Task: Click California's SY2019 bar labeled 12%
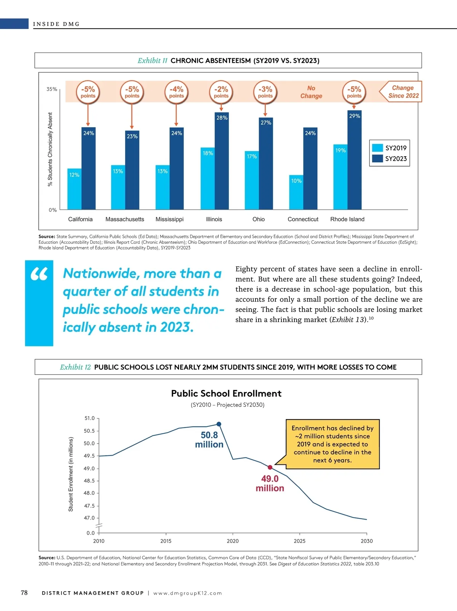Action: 74,189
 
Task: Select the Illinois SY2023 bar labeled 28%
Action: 222,161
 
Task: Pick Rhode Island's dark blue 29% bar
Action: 355,160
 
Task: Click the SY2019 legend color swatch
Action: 377,148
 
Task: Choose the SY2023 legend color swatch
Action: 377,158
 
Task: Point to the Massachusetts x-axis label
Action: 125,219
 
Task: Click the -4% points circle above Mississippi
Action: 176,92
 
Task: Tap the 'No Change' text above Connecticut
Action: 311,92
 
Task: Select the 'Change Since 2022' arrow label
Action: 402,92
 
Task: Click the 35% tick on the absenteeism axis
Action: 52,89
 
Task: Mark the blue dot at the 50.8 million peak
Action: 219,424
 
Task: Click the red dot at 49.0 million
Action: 270,467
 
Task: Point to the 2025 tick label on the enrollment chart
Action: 300,541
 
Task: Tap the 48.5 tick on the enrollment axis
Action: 89,481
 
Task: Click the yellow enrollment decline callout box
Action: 332,444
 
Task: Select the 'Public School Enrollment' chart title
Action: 226,393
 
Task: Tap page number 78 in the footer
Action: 24,593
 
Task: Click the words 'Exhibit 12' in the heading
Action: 75,367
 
